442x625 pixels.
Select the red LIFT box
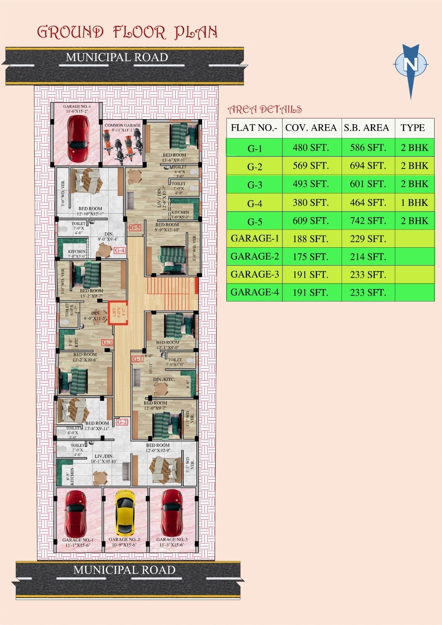118,312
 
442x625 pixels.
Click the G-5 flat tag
135,227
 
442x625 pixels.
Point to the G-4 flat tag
120,250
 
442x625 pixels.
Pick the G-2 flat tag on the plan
122,422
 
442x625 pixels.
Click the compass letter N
410,64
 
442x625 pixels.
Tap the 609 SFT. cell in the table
311,221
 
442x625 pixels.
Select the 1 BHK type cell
414,202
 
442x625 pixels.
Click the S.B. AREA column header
367,128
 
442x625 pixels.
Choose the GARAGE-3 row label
254,274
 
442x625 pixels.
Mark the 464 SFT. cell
368,202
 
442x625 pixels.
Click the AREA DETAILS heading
265,109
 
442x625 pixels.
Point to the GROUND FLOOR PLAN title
127,32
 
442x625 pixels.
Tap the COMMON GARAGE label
122,125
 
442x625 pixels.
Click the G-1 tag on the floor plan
137,359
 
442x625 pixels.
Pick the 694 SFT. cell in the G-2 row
368,166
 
